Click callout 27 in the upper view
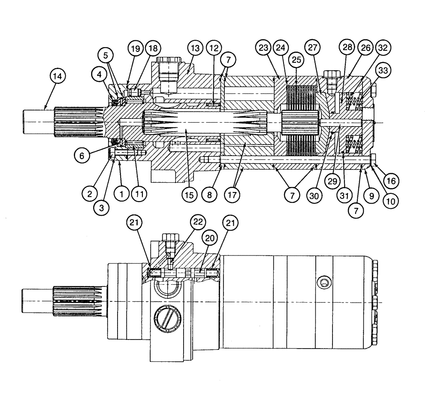point(314,48)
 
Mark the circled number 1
point(122,194)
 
